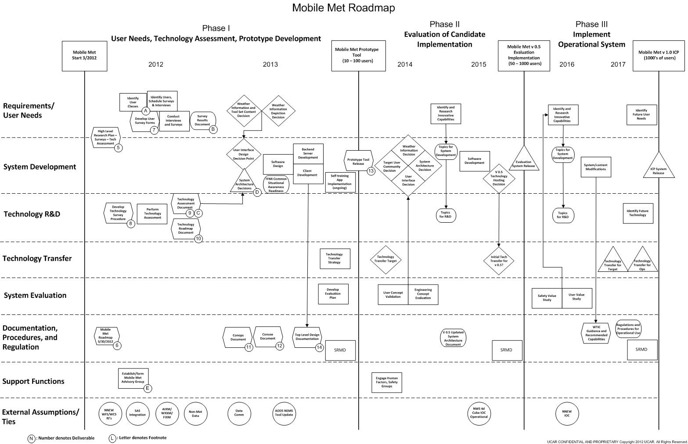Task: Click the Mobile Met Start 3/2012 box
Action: pyautogui.click(x=84, y=56)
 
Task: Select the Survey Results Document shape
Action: pyautogui.click(x=203, y=120)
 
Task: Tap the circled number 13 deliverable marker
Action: pyautogui.click(x=371, y=171)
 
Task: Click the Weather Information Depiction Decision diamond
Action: pyautogui.click(x=278, y=111)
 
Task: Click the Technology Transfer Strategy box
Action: pyautogui.click(x=334, y=258)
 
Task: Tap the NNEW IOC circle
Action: pyautogui.click(x=567, y=413)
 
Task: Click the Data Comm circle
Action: pyautogui.click(x=239, y=413)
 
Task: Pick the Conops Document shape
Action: pyautogui.click(x=238, y=337)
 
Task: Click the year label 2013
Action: pyautogui.click(x=270, y=65)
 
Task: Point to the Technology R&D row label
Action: pyautogui.click(x=32, y=214)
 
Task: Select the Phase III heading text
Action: pyautogui.click(x=591, y=24)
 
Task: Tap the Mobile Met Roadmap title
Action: pyautogui.click(x=343, y=8)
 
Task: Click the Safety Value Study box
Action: pyautogui.click(x=547, y=298)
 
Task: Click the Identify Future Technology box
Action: pyautogui.click(x=638, y=213)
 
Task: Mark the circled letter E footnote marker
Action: pyautogui.click(x=148, y=388)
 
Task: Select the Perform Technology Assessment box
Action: pyautogui.click(x=152, y=214)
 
